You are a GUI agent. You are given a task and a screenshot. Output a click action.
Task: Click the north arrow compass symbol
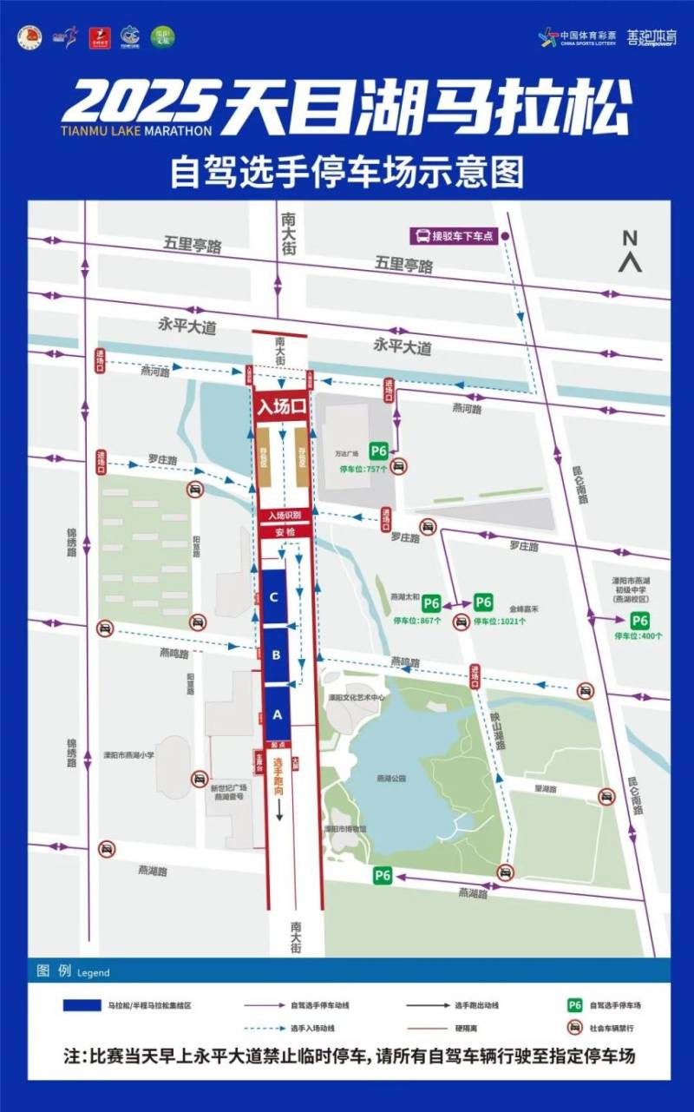coord(630,250)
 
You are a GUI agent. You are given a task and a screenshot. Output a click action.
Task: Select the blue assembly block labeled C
coord(274,596)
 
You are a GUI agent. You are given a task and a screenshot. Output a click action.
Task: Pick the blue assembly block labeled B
coord(275,655)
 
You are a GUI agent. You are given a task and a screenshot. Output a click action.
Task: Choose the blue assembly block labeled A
coord(277,714)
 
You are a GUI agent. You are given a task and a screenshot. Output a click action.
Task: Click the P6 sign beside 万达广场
coord(378,451)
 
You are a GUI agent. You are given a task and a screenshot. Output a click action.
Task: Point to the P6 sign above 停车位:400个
coord(639,620)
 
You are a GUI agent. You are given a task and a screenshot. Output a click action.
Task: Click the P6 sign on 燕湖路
coord(383,875)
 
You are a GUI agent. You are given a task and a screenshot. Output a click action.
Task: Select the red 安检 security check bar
coord(279,531)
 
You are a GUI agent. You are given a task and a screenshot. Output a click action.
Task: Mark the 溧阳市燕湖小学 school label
coord(128,755)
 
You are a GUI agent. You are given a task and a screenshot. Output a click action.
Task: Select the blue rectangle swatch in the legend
coord(81,1005)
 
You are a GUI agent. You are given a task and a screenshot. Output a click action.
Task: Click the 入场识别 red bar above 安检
coord(279,515)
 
